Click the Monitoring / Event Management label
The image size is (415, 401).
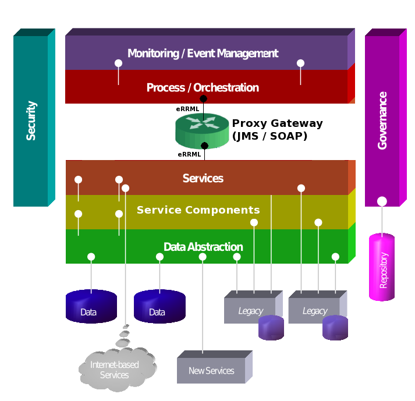point(203,54)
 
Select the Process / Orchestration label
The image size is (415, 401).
point(203,88)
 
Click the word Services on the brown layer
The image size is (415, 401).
point(203,179)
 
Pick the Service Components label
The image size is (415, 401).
point(198,210)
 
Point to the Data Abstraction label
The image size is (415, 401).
point(203,247)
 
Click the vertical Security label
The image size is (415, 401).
point(31,120)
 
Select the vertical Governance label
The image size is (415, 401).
point(382,120)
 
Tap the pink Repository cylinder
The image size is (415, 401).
point(382,268)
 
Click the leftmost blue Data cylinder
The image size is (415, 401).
point(91,306)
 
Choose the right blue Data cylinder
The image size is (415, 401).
point(159,306)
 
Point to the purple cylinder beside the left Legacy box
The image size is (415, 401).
point(271,328)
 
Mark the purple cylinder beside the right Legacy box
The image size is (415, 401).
point(335,328)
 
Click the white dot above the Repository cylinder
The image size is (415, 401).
point(382,201)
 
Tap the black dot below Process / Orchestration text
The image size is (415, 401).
point(203,99)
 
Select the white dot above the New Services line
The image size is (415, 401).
point(203,257)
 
